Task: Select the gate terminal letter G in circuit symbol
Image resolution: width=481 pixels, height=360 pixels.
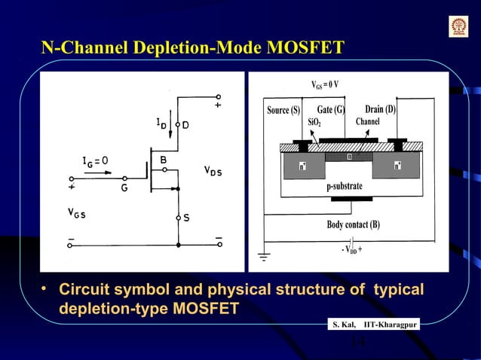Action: click(x=124, y=190)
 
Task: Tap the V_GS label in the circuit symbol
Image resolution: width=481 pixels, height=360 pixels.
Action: click(x=76, y=213)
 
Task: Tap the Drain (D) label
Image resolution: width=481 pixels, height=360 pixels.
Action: click(x=381, y=109)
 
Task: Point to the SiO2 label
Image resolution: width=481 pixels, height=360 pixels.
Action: click(x=315, y=122)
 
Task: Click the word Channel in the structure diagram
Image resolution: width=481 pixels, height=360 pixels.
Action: click(x=367, y=121)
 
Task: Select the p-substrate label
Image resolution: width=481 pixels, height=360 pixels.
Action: click(x=345, y=186)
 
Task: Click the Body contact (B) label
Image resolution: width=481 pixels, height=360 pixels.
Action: click(x=353, y=224)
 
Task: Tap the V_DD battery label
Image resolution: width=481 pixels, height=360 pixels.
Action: click(x=354, y=250)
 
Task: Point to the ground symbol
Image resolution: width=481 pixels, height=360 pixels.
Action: click(x=264, y=259)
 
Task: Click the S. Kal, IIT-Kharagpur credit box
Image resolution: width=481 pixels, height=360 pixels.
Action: click(x=373, y=324)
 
